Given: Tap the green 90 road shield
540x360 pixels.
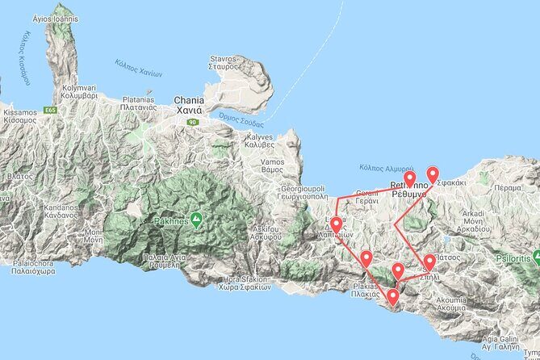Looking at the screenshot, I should (x=192, y=122).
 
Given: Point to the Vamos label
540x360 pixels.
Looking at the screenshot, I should (x=271, y=166).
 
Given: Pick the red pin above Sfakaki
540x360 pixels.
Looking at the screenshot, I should (x=433, y=174).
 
